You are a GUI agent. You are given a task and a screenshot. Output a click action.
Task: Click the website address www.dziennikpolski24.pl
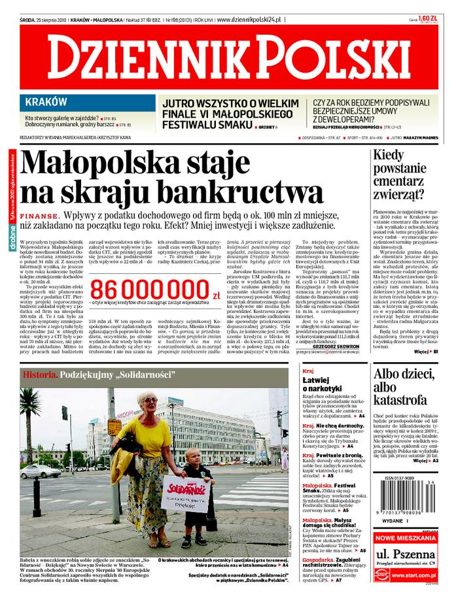pos(251,20)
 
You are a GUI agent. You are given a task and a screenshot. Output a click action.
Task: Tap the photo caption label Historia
pos(41,375)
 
